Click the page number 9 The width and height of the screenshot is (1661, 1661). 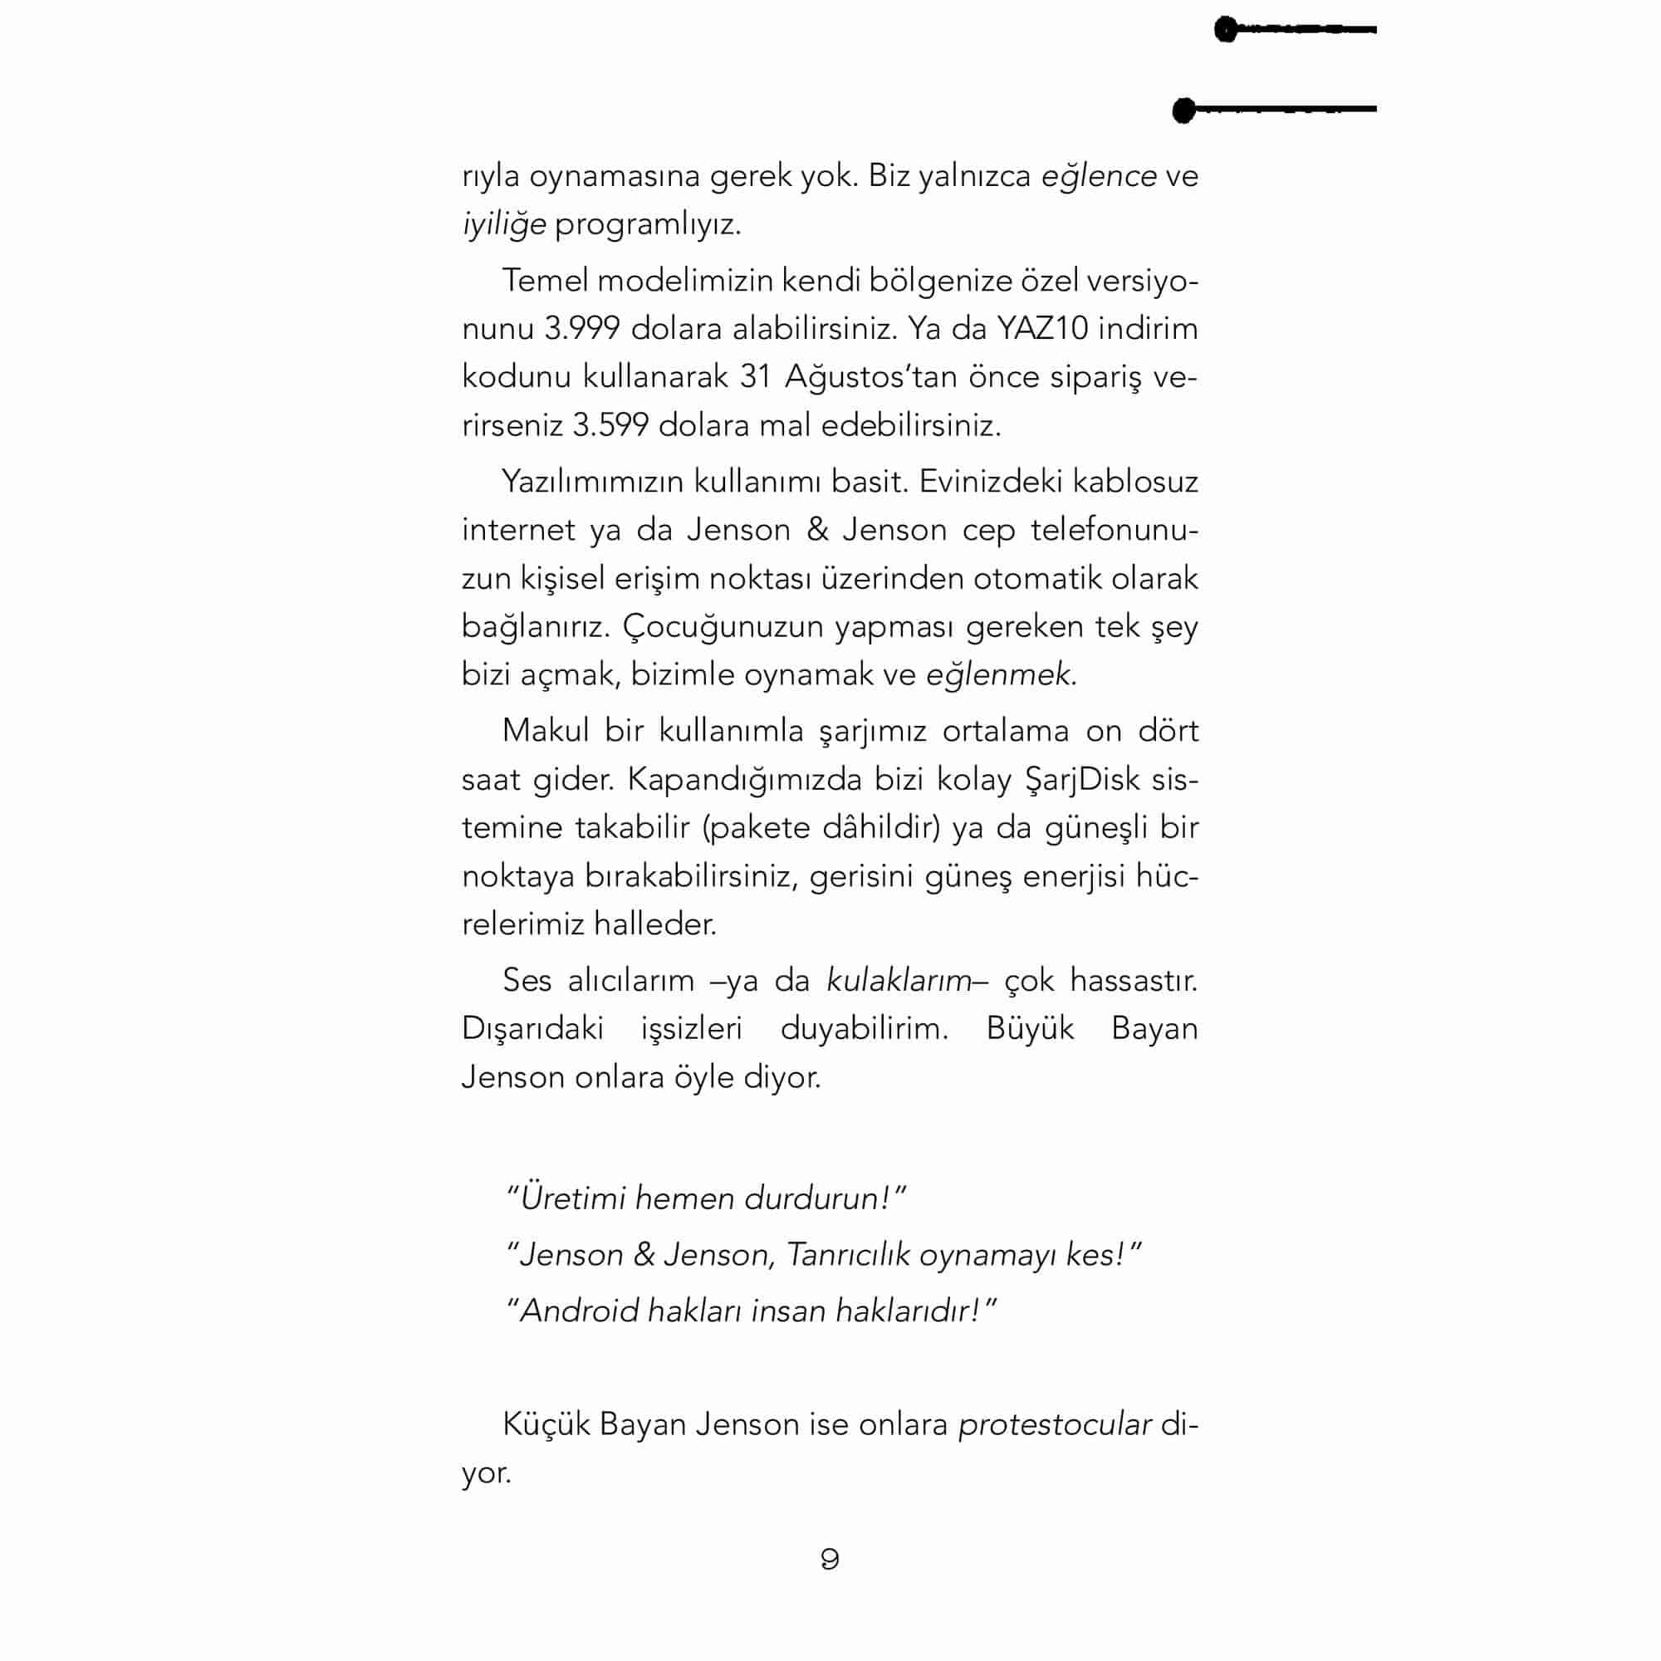(830, 1559)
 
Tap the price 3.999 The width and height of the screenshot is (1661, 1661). (582, 328)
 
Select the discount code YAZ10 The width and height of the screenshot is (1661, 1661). (1042, 328)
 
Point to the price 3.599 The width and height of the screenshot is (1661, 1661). (610, 425)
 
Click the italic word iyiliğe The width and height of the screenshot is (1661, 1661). (504, 225)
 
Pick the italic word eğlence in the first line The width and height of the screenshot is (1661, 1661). (1099, 176)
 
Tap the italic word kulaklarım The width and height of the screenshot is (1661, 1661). (899, 981)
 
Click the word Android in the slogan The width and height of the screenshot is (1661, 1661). (581, 1311)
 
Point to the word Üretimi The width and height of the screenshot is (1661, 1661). (572, 1198)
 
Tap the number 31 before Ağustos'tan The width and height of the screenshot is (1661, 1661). (755, 377)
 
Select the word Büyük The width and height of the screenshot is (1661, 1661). (1030, 1029)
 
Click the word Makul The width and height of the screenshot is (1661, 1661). (545, 731)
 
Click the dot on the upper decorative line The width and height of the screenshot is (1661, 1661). (1226, 30)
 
